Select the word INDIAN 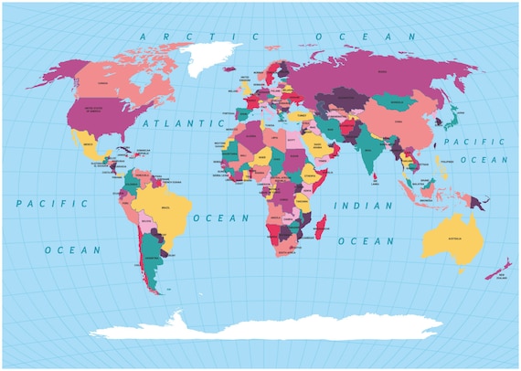pyautogui.click(x=362, y=207)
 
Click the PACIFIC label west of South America pyautogui.click(x=52, y=203)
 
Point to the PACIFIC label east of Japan pyautogui.click(x=473, y=142)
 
